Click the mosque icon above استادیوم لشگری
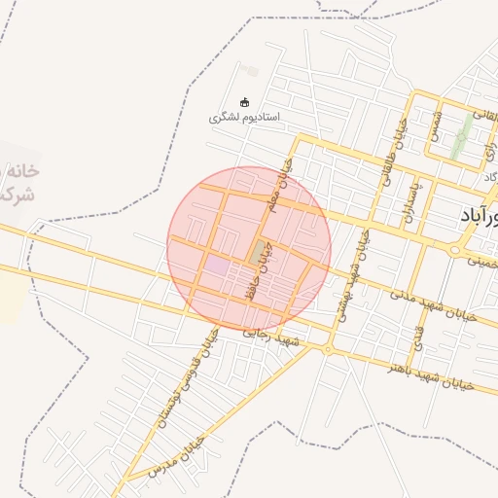coord(244,102)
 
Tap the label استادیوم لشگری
coord(244,118)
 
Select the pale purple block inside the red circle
coord(217,265)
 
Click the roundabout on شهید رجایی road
coord(328,349)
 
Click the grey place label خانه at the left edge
coord(23,170)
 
